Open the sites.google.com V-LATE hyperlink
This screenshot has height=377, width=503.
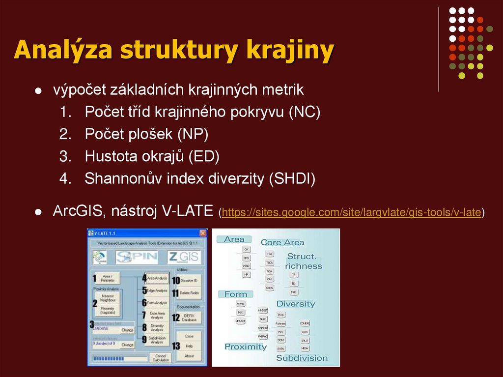pos(351,212)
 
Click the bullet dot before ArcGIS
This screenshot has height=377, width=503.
pos(38,212)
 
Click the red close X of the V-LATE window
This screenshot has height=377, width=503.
pos(203,233)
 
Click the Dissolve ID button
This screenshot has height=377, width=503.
pos(188,280)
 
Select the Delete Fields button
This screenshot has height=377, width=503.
pos(188,293)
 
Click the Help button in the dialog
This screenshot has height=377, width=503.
pos(189,346)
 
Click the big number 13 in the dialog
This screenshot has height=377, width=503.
pos(176,346)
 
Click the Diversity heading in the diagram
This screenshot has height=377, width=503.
pos(295,304)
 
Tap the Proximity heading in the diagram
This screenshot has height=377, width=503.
pos(245,347)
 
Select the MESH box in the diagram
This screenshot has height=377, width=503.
pos(305,348)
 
